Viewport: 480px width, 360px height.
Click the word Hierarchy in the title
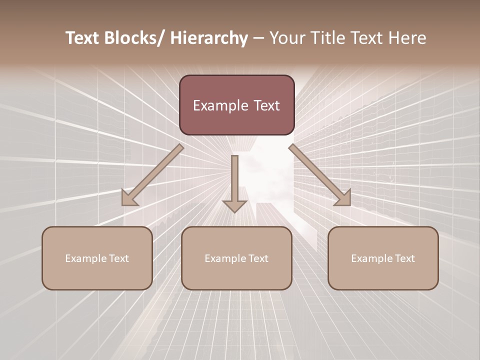[x=209, y=38]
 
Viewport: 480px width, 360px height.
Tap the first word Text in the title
[x=83, y=38]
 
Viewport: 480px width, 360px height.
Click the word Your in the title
[x=285, y=38]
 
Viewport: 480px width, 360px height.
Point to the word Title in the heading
[x=325, y=38]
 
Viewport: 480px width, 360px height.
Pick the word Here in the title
[x=408, y=38]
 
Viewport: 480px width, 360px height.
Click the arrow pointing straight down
[x=234, y=180]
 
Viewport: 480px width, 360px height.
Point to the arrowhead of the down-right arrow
[x=344, y=198]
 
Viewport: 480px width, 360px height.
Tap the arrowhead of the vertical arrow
[x=234, y=205]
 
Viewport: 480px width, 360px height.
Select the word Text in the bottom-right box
[x=404, y=258]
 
